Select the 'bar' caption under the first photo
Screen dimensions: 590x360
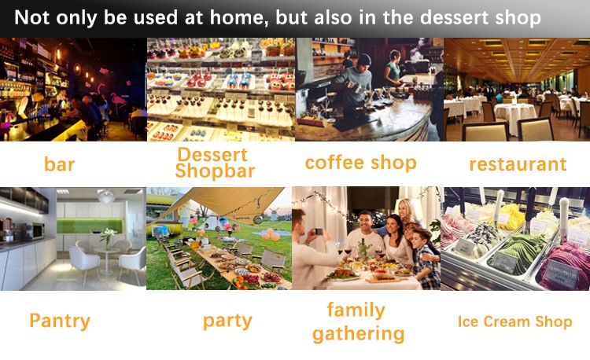60,164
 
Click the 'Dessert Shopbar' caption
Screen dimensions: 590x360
216,163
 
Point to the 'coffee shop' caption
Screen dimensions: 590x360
361,163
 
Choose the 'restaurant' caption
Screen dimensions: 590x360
518,163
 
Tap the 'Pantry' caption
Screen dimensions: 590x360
60,321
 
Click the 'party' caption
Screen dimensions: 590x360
227,321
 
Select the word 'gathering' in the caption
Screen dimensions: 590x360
358,334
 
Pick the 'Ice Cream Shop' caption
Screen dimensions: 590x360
514,321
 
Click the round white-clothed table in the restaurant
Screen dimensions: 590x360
515,117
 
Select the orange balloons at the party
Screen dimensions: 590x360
271,235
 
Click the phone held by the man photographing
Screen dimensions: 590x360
319,231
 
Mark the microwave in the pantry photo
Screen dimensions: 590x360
34,231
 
